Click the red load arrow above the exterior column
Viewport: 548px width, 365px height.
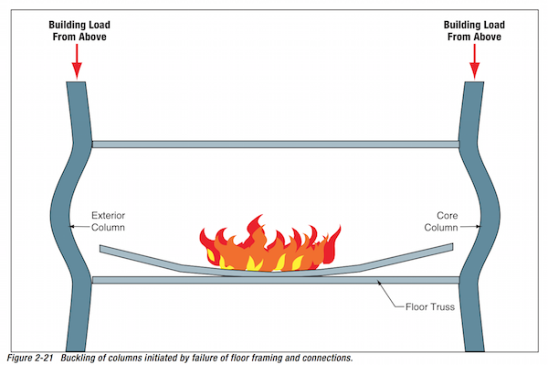77,61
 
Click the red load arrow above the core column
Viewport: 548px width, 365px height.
474,61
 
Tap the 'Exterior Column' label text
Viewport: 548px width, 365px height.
108,221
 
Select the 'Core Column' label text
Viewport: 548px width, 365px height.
441,221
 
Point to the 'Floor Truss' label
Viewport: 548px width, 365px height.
430,306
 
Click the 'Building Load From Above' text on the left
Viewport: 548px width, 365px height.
79,31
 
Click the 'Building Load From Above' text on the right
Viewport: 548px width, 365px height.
474,31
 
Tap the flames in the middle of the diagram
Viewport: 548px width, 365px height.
270,245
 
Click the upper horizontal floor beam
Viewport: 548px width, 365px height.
276,145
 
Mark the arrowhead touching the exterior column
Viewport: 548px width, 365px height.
72,227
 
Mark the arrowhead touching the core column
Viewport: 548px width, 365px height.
478,227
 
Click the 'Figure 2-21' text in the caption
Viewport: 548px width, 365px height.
30,358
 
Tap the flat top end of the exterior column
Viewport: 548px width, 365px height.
76,82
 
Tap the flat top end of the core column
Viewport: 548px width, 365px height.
474,82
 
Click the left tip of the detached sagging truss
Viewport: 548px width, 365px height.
100,249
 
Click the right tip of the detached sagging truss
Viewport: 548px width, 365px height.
453,247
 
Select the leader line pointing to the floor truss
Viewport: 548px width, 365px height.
390,295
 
